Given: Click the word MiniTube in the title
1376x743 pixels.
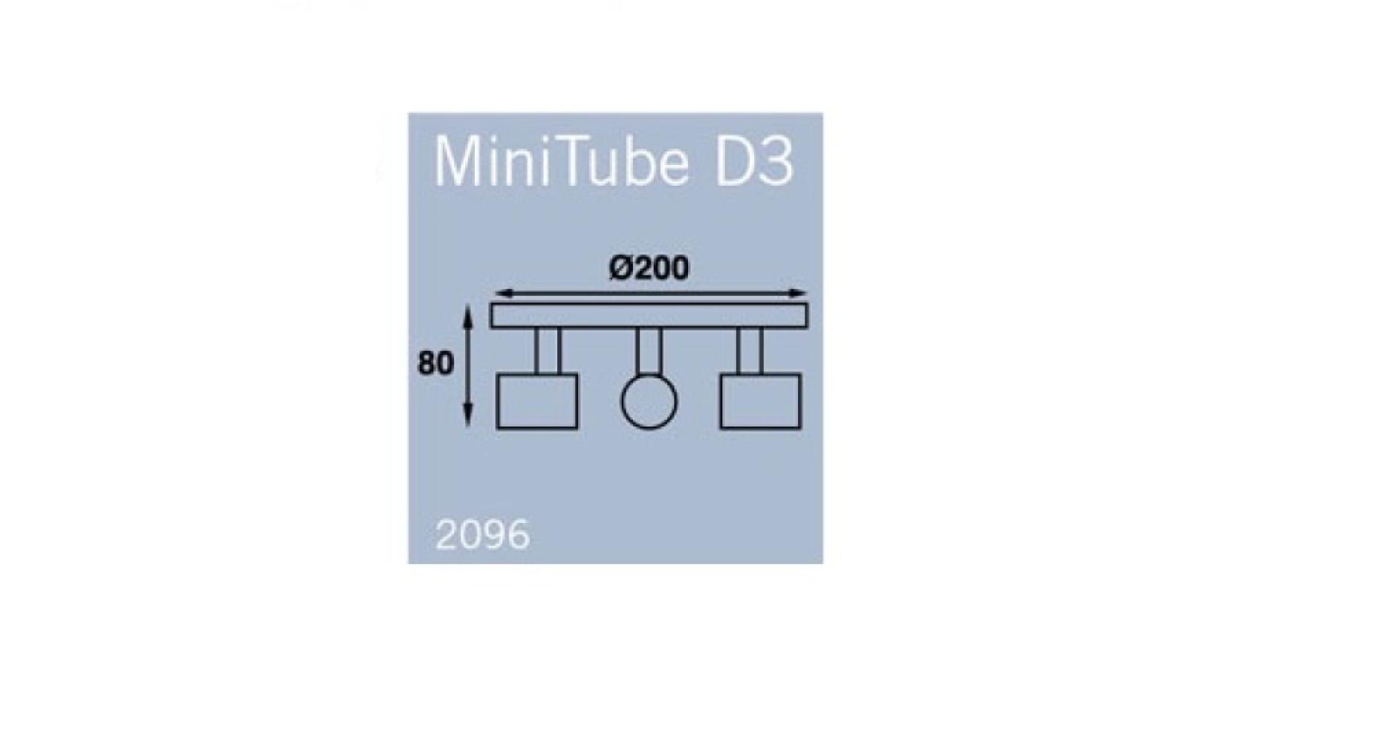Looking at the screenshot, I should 561,162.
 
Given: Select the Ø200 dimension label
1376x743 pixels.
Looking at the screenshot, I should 649,268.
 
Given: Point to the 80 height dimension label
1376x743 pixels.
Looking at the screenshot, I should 435,363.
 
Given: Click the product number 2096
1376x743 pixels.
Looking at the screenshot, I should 483,535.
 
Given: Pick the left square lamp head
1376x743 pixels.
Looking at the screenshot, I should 537,401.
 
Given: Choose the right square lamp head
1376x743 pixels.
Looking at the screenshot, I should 760,401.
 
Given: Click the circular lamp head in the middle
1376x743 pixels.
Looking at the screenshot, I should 649,402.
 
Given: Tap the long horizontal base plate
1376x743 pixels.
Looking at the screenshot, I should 649,315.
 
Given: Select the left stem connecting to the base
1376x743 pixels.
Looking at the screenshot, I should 548,351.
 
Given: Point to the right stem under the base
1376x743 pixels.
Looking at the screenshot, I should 750,351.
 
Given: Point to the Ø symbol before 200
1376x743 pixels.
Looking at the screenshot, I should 621,268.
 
